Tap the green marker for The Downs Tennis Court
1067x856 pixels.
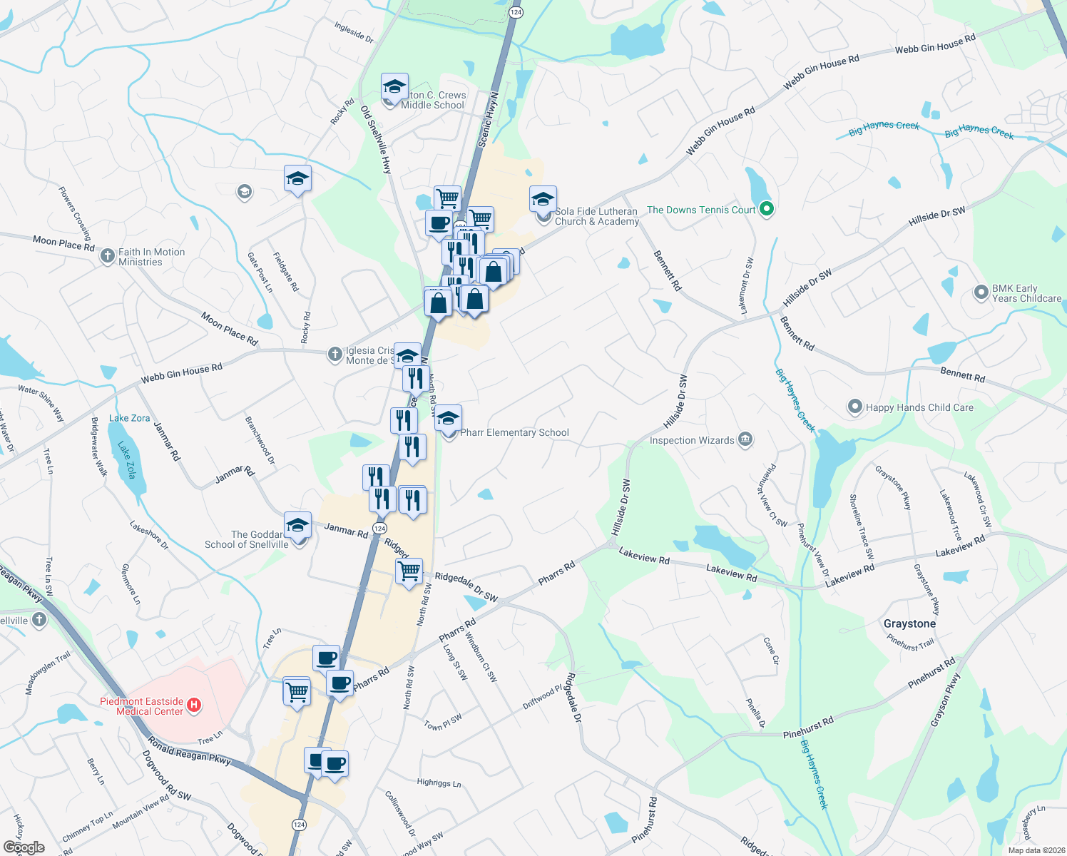pyautogui.click(x=767, y=210)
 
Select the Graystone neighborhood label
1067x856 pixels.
pyautogui.click(x=909, y=623)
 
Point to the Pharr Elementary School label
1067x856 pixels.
pyautogui.click(x=514, y=432)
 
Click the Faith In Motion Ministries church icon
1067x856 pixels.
pyautogui.click(x=107, y=255)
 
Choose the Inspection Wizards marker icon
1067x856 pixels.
pyautogui.click(x=745, y=439)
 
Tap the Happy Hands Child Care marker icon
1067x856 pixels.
pyautogui.click(x=854, y=407)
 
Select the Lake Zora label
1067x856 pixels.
pyautogui.click(x=130, y=418)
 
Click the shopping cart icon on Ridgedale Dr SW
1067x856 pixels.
pyautogui.click(x=409, y=571)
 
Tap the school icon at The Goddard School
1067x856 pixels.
pyautogui.click(x=297, y=526)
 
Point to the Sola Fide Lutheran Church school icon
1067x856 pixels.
pyautogui.click(x=543, y=199)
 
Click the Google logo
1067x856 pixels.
pyautogui.click(x=24, y=847)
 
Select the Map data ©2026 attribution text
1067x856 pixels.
pyautogui.click(x=1033, y=850)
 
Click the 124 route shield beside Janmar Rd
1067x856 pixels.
pyautogui.click(x=380, y=529)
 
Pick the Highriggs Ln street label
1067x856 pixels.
pyautogui.click(x=439, y=783)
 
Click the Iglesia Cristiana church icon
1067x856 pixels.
pyautogui.click(x=335, y=354)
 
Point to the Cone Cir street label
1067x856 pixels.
pyautogui.click(x=770, y=651)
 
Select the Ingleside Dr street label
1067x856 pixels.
pyautogui.click(x=354, y=32)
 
